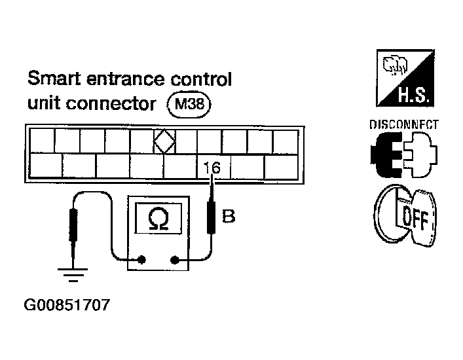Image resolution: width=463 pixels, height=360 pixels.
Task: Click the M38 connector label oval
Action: coord(189,105)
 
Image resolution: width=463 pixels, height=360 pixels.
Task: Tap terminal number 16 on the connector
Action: coord(212,168)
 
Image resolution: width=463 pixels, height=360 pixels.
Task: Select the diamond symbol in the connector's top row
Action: coord(164,141)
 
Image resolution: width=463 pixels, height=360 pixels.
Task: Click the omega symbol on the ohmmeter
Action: coord(158,219)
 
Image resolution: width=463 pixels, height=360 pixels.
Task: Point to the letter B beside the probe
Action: coord(229,216)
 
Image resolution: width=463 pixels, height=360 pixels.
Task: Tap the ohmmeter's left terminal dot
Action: coord(142,260)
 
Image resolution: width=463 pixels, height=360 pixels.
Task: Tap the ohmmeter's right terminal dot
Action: coord(174,260)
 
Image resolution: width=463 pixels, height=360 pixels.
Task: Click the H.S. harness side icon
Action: coord(405,78)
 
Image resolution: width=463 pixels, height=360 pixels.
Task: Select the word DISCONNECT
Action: coord(403,125)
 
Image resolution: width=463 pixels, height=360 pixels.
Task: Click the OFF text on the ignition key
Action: coord(415,219)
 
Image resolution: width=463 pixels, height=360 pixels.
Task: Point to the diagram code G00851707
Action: coord(67,305)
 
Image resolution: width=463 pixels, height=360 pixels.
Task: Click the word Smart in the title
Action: coord(54,78)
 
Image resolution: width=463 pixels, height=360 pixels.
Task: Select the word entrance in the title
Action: coord(126,79)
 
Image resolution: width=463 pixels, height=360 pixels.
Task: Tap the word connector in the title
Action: coord(111,104)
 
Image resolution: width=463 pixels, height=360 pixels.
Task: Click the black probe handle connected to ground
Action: coord(73,225)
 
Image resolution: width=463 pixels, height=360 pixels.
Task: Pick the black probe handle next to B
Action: coord(211,217)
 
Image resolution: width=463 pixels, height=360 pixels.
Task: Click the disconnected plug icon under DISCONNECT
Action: coord(403,154)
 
